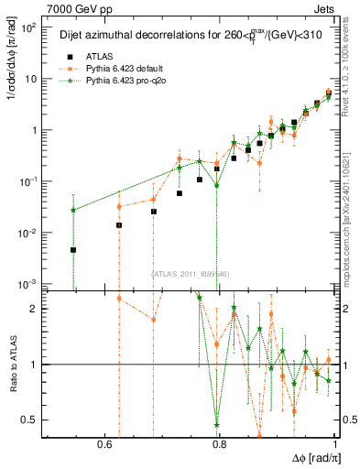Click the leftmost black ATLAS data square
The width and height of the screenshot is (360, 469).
[73, 249]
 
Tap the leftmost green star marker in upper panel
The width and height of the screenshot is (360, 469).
[73, 210]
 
